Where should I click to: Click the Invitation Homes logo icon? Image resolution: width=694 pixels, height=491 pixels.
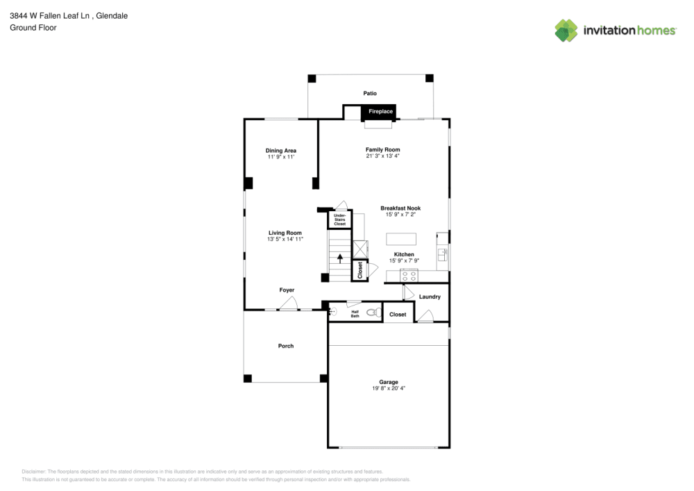pos(566,30)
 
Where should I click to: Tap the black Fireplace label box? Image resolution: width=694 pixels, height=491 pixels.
pos(380,111)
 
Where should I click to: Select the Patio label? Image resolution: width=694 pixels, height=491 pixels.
pos(370,92)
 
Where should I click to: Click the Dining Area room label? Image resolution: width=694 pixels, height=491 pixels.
pos(281,151)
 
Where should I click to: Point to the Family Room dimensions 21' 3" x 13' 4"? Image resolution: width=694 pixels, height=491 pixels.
pos(383,156)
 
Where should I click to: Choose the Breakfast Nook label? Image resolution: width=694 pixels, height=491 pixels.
pos(400,208)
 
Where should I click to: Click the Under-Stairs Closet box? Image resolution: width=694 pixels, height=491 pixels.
pos(339,220)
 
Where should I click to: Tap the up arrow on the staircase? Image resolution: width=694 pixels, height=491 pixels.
pos(340,258)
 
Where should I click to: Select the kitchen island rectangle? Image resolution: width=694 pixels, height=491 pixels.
pos(401,239)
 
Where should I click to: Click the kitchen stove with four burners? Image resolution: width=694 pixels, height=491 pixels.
pos(409,275)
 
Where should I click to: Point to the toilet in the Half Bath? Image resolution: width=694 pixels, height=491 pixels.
pos(373,313)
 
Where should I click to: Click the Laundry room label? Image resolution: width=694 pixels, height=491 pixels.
pos(430,297)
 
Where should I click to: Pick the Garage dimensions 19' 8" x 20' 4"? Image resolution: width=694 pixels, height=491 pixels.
pos(389,388)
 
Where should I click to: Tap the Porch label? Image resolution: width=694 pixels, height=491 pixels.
pos(286,346)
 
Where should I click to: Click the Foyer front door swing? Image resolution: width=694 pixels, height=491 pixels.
pos(290,303)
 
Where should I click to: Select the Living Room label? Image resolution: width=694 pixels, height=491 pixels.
pos(285,233)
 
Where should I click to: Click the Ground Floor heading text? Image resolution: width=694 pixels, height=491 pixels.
pos(33,28)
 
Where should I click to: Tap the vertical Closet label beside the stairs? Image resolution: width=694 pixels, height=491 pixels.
pos(360,270)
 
